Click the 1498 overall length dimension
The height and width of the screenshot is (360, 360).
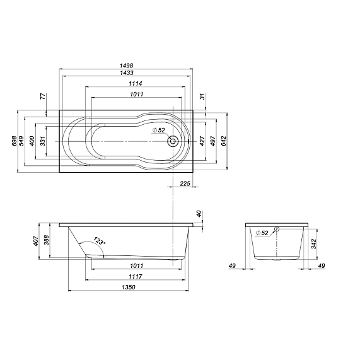[x=126, y=66]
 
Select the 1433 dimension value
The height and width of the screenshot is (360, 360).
[x=126, y=73]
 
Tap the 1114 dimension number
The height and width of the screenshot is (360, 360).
[x=136, y=84]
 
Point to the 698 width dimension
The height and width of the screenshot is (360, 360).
[x=15, y=141]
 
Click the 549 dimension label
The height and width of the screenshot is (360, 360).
[x=21, y=141]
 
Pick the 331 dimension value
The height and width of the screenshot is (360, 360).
[x=43, y=141]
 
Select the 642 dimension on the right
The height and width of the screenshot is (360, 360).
[x=224, y=141]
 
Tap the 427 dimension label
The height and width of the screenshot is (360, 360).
[x=202, y=141]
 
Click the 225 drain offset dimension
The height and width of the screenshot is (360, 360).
[x=185, y=183]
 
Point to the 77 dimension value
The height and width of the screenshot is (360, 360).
[x=43, y=96]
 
